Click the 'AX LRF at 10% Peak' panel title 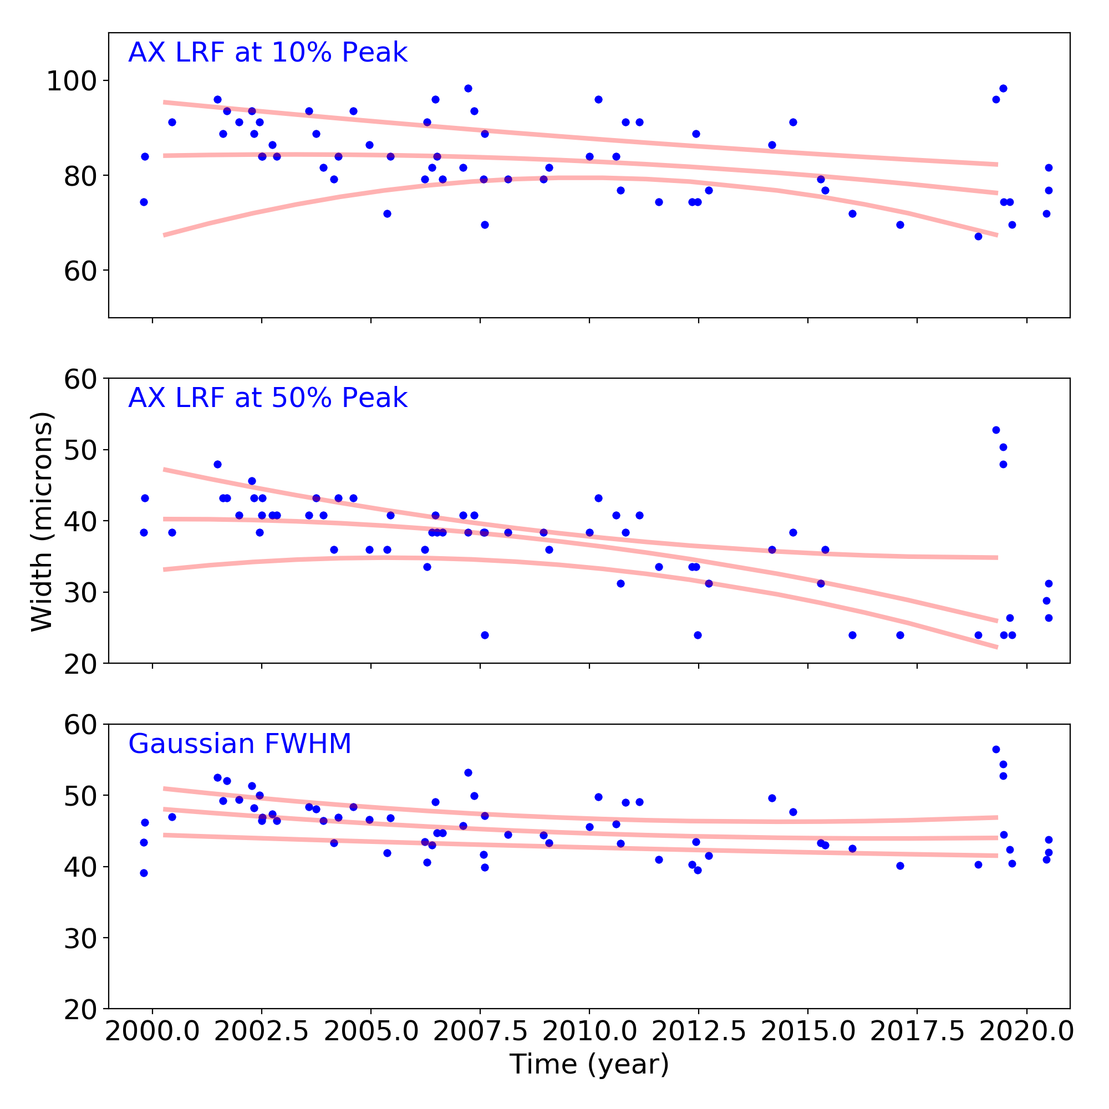tap(267, 53)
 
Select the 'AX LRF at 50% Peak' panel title tap(267, 398)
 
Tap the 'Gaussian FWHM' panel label tap(240, 744)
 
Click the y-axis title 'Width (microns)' tap(42, 521)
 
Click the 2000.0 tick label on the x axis tap(152, 1031)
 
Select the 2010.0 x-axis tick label tap(589, 1031)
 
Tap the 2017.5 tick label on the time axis tap(917, 1031)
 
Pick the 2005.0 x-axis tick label tap(371, 1031)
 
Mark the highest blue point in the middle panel tap(996, 430)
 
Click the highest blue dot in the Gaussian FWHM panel tap(996, 750)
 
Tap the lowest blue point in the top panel tap(978, 237)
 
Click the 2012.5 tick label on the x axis tap(699, 1031)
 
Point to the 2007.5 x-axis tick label tap(480, 1031)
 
